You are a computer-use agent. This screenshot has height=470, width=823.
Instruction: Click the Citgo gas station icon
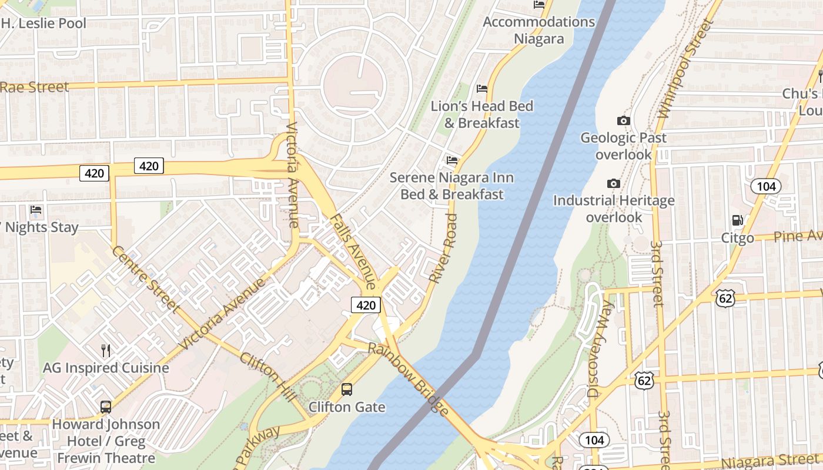point(737,220)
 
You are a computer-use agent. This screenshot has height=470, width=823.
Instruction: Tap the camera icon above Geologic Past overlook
point(623,120)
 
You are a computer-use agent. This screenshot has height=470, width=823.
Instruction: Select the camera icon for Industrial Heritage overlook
point(613,183)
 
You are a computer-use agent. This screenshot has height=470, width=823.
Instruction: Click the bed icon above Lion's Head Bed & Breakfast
point(481,89)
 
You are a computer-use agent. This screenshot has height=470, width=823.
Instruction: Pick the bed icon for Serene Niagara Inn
point(451,159)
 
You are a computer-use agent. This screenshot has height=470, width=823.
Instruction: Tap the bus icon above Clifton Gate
point(347,389)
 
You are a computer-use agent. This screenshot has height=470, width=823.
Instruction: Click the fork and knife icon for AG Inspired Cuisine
point(106,350)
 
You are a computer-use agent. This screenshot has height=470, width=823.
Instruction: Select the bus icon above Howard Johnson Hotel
point(106,407)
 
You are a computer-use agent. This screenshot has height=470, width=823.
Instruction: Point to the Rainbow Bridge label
point(409,380)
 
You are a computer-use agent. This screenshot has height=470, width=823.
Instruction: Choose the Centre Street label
point(145,279)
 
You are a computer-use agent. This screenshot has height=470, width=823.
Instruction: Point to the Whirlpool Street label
point(685,69)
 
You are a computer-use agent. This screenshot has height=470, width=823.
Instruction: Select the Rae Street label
point(34,87)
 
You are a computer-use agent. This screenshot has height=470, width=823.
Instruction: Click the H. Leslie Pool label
point(44,23)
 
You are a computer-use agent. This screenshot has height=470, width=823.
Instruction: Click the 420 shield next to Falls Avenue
point(366,305)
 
